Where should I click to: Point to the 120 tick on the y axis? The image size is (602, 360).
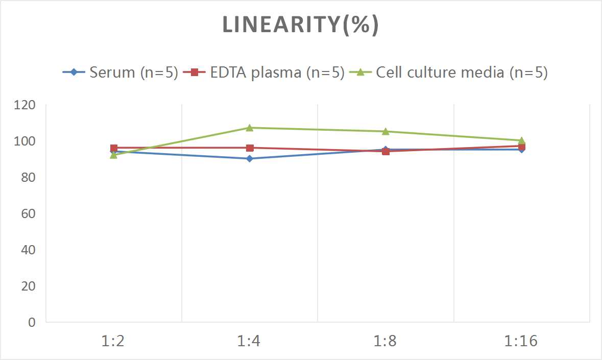pyautogui.click(x=25, y=105)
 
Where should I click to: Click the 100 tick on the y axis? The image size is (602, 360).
pyautogui.click(x=25, y=141)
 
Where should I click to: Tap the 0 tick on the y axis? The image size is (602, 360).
pyautogui.click(x=32, y=322)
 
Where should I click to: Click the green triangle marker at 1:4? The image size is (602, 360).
pyautogui.click(x=250, y=128)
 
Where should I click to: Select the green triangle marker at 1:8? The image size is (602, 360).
pyautogui.click(x=386, y=131)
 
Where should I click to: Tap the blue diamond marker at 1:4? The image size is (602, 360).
pyautogui.click(x=250, y=158)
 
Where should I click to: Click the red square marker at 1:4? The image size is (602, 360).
pyautogui.click(x=250, y=148)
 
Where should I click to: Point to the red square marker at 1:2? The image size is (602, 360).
pyautogui.click(x=114, y=148)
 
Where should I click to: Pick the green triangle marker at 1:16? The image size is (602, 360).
pyautogui.click(x=521, y=140)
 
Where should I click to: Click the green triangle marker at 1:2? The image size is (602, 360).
pyautogui.click(x=114, y=155)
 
